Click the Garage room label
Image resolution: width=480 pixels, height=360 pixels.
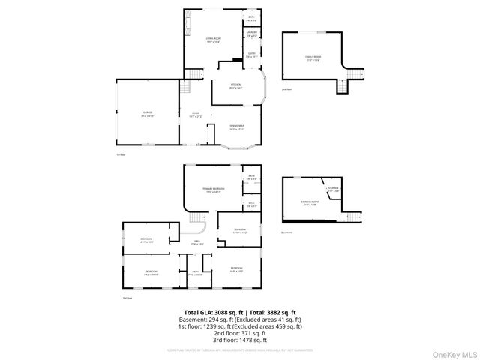[x=146, y=114]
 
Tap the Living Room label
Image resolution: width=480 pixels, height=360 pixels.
[x=213, y=40]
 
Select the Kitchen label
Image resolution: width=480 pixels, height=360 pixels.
[x=235, y=85]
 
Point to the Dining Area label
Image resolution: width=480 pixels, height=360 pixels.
[x=238, y=127]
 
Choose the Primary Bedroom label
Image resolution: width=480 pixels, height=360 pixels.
[x=213, y=189]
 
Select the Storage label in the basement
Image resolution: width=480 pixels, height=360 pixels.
[x=334, y=190]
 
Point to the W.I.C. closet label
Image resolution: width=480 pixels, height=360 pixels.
[x=252, y=205]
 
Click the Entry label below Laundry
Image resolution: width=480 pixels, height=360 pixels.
[x=253, y=55]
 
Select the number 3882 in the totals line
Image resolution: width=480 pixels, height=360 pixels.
[x=274, y=312]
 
